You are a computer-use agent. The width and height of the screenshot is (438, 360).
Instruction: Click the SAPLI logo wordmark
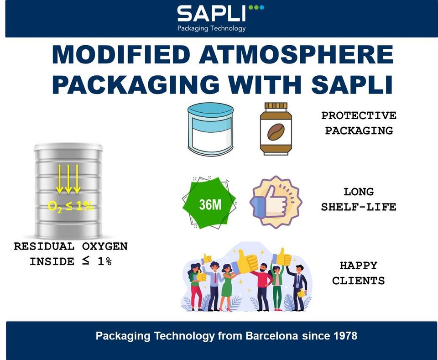(211, 14)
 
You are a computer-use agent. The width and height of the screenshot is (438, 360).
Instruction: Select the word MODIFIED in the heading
(121, 55)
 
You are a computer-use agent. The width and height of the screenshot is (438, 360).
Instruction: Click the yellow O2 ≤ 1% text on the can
(70, 206)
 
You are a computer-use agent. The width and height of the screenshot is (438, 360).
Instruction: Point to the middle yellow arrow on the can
(68, 179)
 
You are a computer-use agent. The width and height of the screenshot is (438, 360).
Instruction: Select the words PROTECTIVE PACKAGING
(359, 123)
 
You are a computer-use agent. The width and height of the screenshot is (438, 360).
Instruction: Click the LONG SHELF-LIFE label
(359, 199)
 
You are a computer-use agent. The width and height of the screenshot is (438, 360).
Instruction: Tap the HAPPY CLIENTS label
(359, 272)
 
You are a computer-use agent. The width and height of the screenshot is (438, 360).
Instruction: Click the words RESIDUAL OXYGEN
(71, 246)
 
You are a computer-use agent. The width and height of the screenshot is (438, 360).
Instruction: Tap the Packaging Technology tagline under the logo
(211, 28)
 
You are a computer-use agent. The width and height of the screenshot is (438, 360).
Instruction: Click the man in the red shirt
(264, 283)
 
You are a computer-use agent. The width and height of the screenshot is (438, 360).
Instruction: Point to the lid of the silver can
(68, 147)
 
